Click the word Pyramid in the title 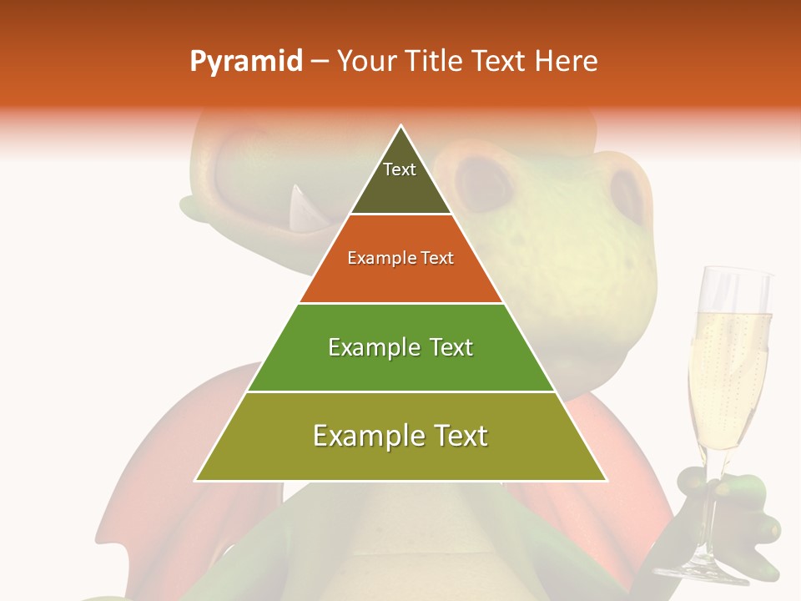click(x=245, y=62)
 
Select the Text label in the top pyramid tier click(x=400, y=169)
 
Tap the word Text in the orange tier click(x=438, y=258)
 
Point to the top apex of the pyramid click(x=401, y=125)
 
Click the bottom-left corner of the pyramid click(x=196, y=481)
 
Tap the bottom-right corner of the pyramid click(x=607, y=481)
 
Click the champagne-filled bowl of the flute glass click(x=728, y=376)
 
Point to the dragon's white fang click(x=297, y=209)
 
